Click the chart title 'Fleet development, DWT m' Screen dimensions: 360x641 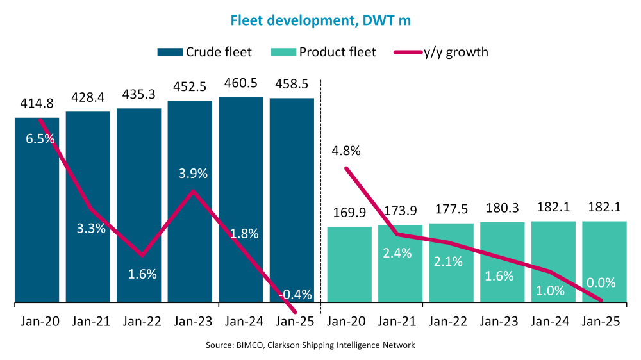point(320,20)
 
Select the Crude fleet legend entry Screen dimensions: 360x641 point(204,52)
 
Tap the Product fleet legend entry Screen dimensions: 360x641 point(324,52)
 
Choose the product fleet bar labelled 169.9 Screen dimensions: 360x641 point(349,263)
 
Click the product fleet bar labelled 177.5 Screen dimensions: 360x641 point(451,262)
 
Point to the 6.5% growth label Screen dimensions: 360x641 point(40,138)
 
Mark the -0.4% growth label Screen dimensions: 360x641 point(296,295)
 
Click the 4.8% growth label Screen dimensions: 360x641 point(346,152)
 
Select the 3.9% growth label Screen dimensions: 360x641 point(193,174)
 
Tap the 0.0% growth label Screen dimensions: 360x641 point(601,282)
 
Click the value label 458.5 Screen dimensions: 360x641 point(292,85)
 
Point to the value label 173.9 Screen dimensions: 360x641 point(400,211)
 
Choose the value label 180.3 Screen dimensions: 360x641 point(502,209)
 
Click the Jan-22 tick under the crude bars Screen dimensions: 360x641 point(139,322)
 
